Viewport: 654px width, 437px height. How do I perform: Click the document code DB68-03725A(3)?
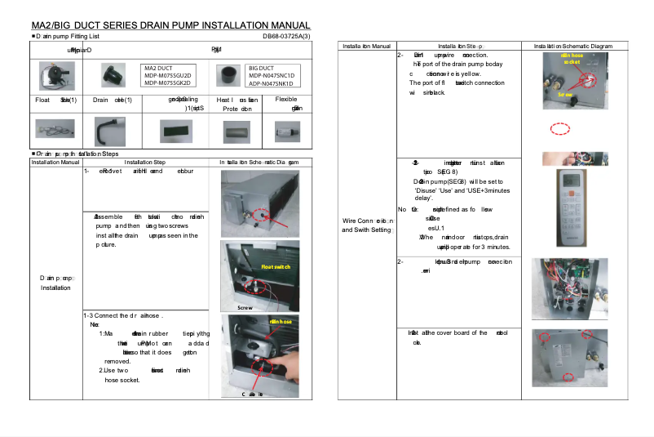click(286, 36)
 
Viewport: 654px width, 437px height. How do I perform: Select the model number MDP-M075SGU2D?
click(167, 75)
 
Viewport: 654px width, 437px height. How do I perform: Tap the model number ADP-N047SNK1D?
click(271, 82)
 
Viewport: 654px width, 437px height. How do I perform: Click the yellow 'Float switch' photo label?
click(275, 267)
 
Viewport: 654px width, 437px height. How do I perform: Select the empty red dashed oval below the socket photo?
click(559, 129)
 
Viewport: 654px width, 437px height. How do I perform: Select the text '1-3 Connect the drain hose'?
click(124, 315)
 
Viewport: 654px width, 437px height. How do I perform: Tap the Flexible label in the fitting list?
click(286, 99)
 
